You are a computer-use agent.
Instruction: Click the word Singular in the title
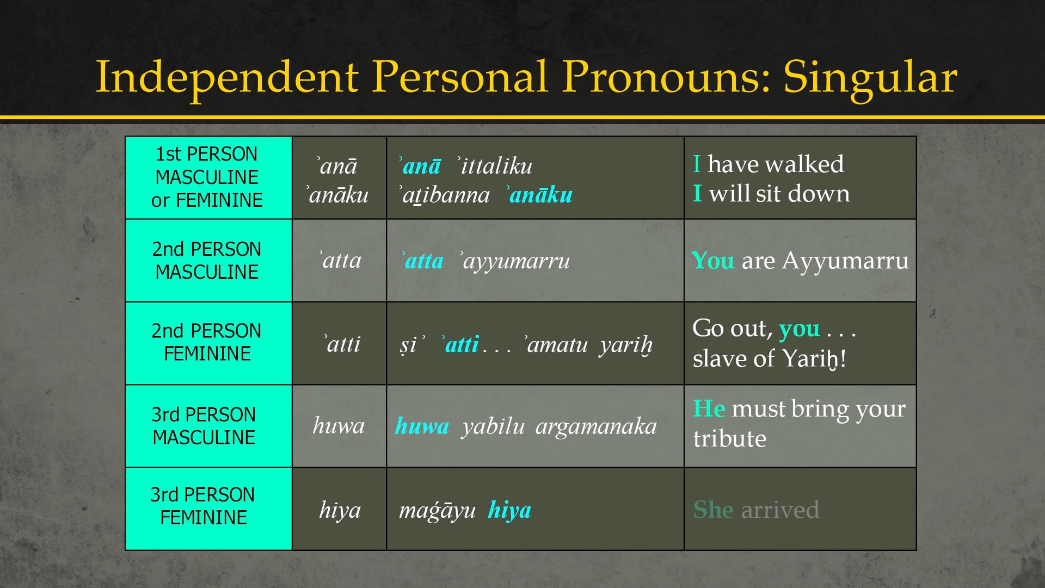869,78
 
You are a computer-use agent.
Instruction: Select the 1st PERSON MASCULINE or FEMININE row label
207,177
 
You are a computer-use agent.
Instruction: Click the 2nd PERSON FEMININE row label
207,342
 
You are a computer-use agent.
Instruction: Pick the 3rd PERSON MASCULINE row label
204,426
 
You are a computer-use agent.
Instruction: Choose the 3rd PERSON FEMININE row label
202,506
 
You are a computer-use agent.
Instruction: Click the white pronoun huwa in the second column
339,426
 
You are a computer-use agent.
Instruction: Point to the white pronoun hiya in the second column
340,510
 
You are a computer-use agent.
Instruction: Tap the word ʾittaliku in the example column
495,166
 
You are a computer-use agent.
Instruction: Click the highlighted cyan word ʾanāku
539,194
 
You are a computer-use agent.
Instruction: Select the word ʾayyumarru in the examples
515,261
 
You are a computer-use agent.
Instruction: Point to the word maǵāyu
437,511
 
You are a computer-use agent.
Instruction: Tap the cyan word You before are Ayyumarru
712,261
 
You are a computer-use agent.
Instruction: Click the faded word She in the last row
713,510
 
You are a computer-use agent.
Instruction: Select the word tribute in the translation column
729,439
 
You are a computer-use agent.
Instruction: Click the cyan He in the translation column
709,408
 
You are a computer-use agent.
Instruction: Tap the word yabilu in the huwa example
493,426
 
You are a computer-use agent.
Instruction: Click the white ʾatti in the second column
343,344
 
